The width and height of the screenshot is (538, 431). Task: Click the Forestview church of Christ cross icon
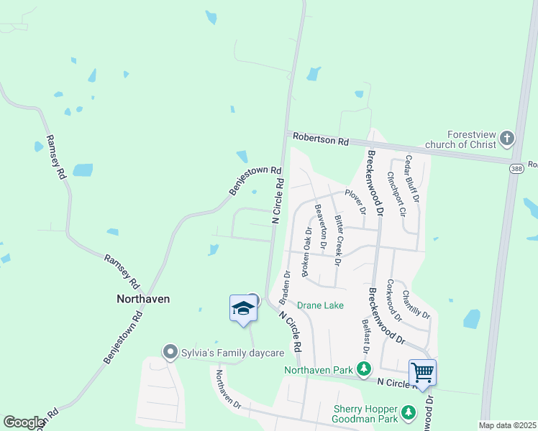(507, 137)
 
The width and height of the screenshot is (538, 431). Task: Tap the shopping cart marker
(422, 372)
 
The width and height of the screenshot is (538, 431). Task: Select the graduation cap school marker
(243, 308)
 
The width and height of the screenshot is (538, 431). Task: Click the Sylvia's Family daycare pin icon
(170, 351)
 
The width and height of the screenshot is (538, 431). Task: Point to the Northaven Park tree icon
(365, 370)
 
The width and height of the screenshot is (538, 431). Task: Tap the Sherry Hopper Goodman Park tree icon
(409, 412)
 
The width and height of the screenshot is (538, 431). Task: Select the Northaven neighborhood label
(144, 298)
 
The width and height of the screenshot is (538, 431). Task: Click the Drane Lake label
(320, 305)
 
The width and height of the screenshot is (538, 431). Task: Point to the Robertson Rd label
(322, 139)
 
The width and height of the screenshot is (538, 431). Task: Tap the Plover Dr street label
(356, 201)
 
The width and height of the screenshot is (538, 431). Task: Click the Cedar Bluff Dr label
(411, 178)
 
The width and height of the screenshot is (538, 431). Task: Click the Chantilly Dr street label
(416, 304)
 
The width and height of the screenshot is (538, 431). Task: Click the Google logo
(23, 422)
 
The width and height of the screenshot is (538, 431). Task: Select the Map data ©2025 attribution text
(507, 425)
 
